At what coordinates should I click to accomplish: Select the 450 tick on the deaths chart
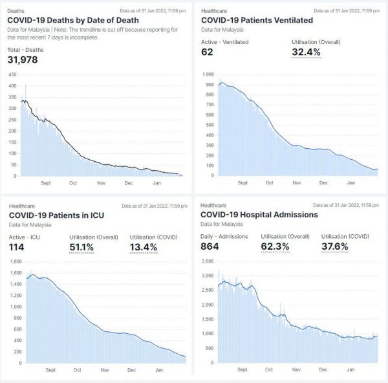click(x=12, y=75)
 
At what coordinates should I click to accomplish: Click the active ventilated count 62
click(x=207, y=52)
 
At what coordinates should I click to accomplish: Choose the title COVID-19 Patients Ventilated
click(x=261, y=19)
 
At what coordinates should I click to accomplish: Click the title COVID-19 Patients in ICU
click(x=56, y=214)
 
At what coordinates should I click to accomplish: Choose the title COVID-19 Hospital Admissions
click(x=259, y=214)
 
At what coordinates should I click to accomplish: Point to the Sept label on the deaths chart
click(x=45, y=183)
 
